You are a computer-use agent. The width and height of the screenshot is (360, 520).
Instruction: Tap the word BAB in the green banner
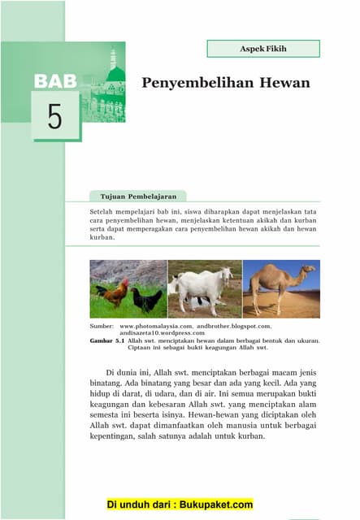(55, 81)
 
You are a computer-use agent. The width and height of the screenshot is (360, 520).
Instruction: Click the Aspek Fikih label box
(262, 49)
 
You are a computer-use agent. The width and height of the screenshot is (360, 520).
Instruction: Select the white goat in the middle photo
(203, 289)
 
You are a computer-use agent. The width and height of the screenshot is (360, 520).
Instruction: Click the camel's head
(307, 270)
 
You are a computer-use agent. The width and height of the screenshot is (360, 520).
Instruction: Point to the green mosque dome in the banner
(116, 74)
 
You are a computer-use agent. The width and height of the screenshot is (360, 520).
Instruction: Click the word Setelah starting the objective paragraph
(103, 210)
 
